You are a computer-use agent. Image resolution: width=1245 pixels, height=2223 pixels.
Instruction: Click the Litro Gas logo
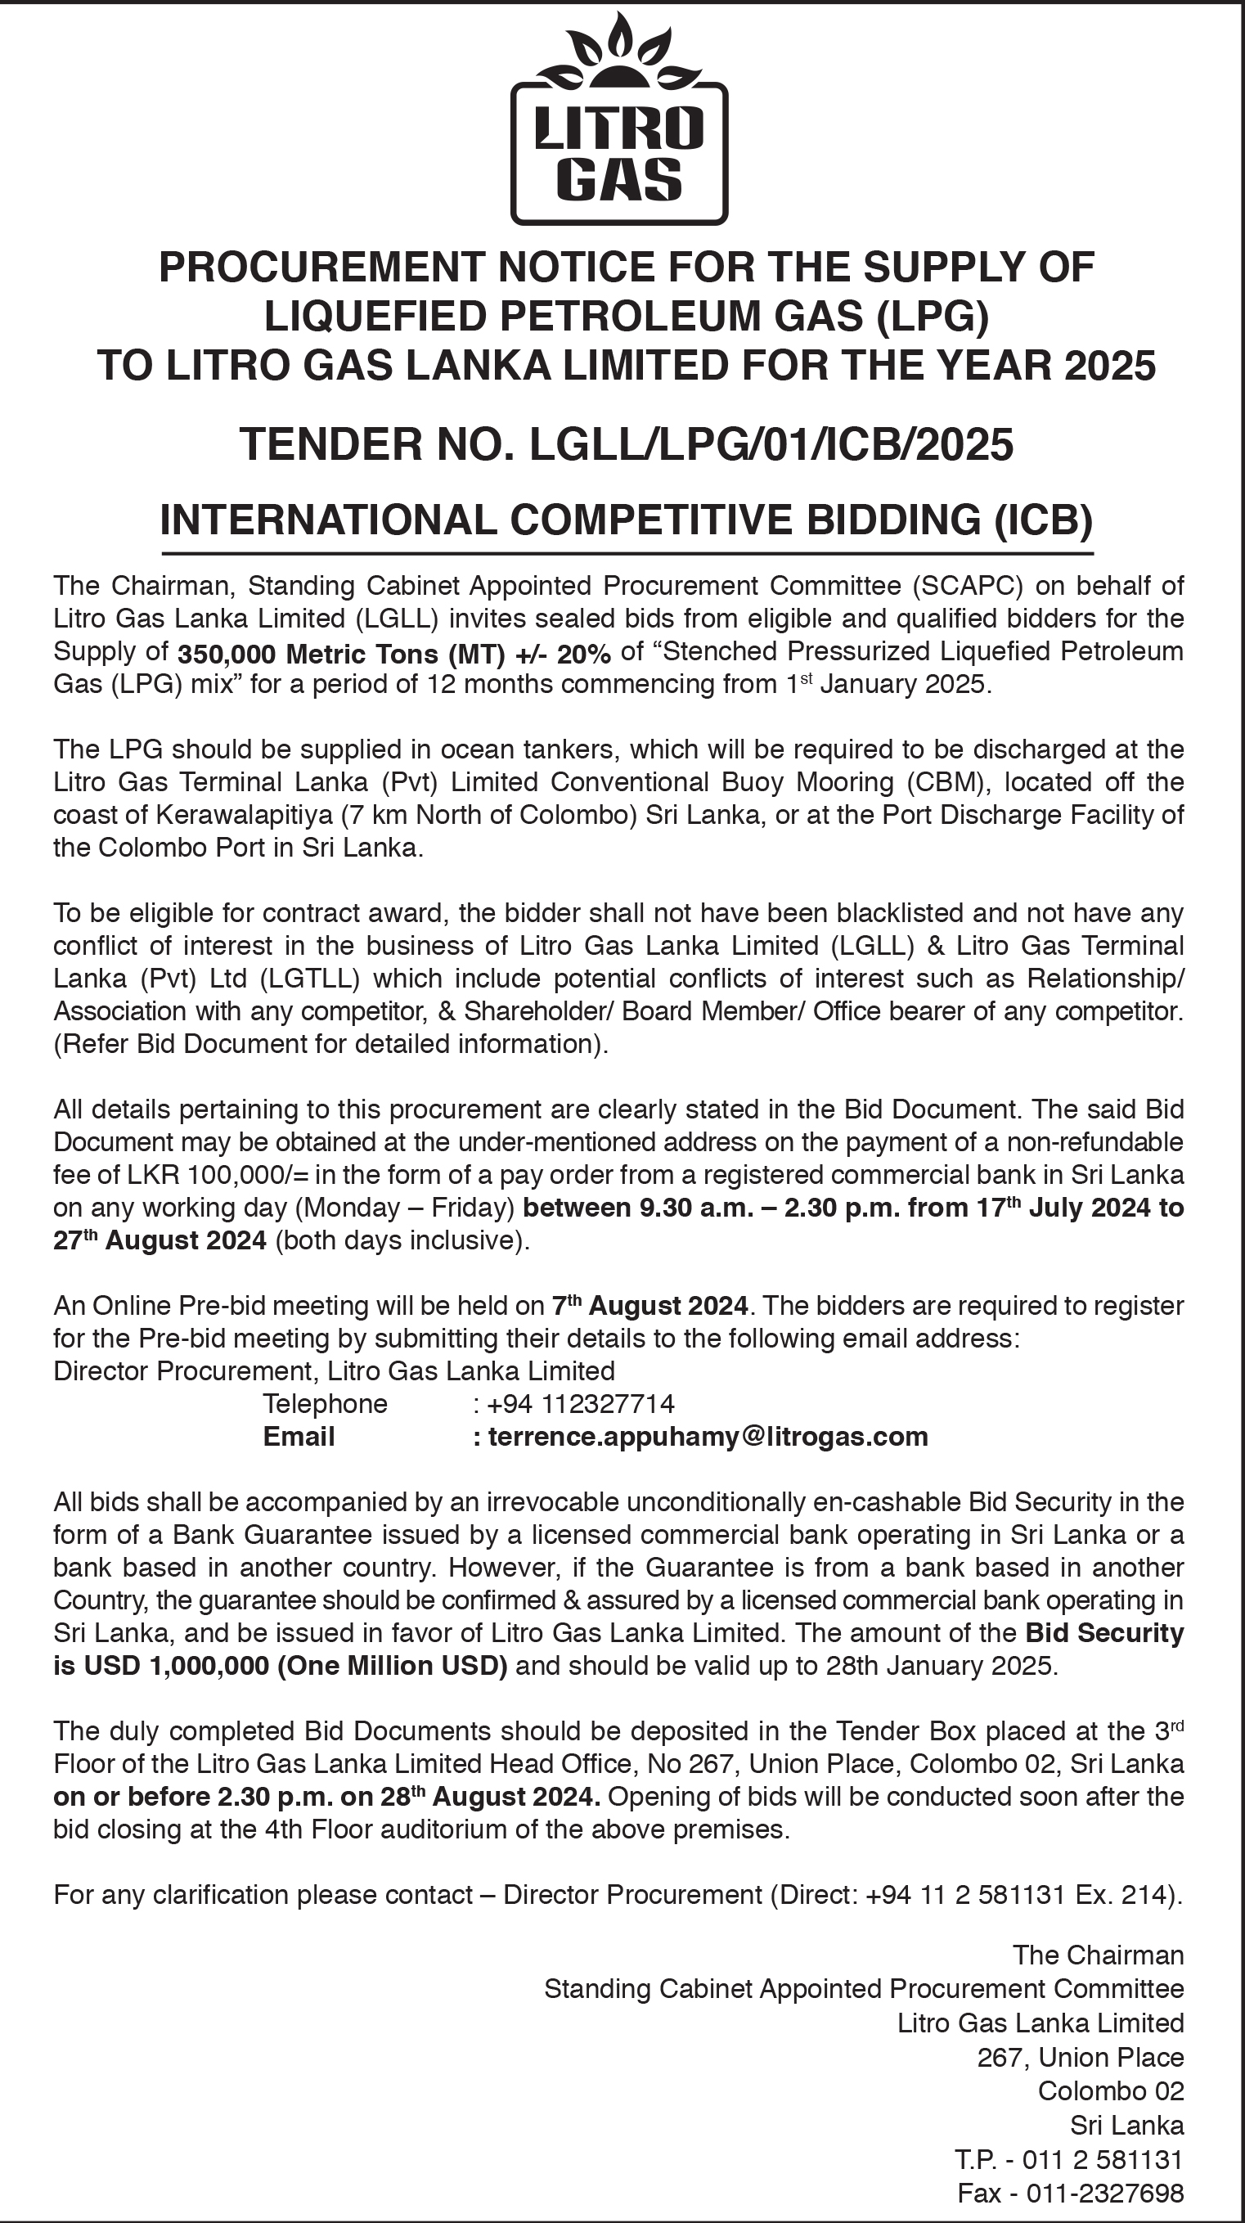pos(619,121)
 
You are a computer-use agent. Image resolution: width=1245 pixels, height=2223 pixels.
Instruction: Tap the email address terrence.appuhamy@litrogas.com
pos(708,1436)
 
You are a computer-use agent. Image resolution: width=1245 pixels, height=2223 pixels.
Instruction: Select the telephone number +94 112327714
pos(580,1403)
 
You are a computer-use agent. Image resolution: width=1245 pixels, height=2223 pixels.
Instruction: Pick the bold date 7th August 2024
pos(649,1306)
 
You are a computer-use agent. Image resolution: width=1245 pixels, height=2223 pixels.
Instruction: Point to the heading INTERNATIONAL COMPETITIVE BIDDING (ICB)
pos(627,520)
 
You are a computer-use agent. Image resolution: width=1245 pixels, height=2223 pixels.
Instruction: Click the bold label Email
pos(299,1436)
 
